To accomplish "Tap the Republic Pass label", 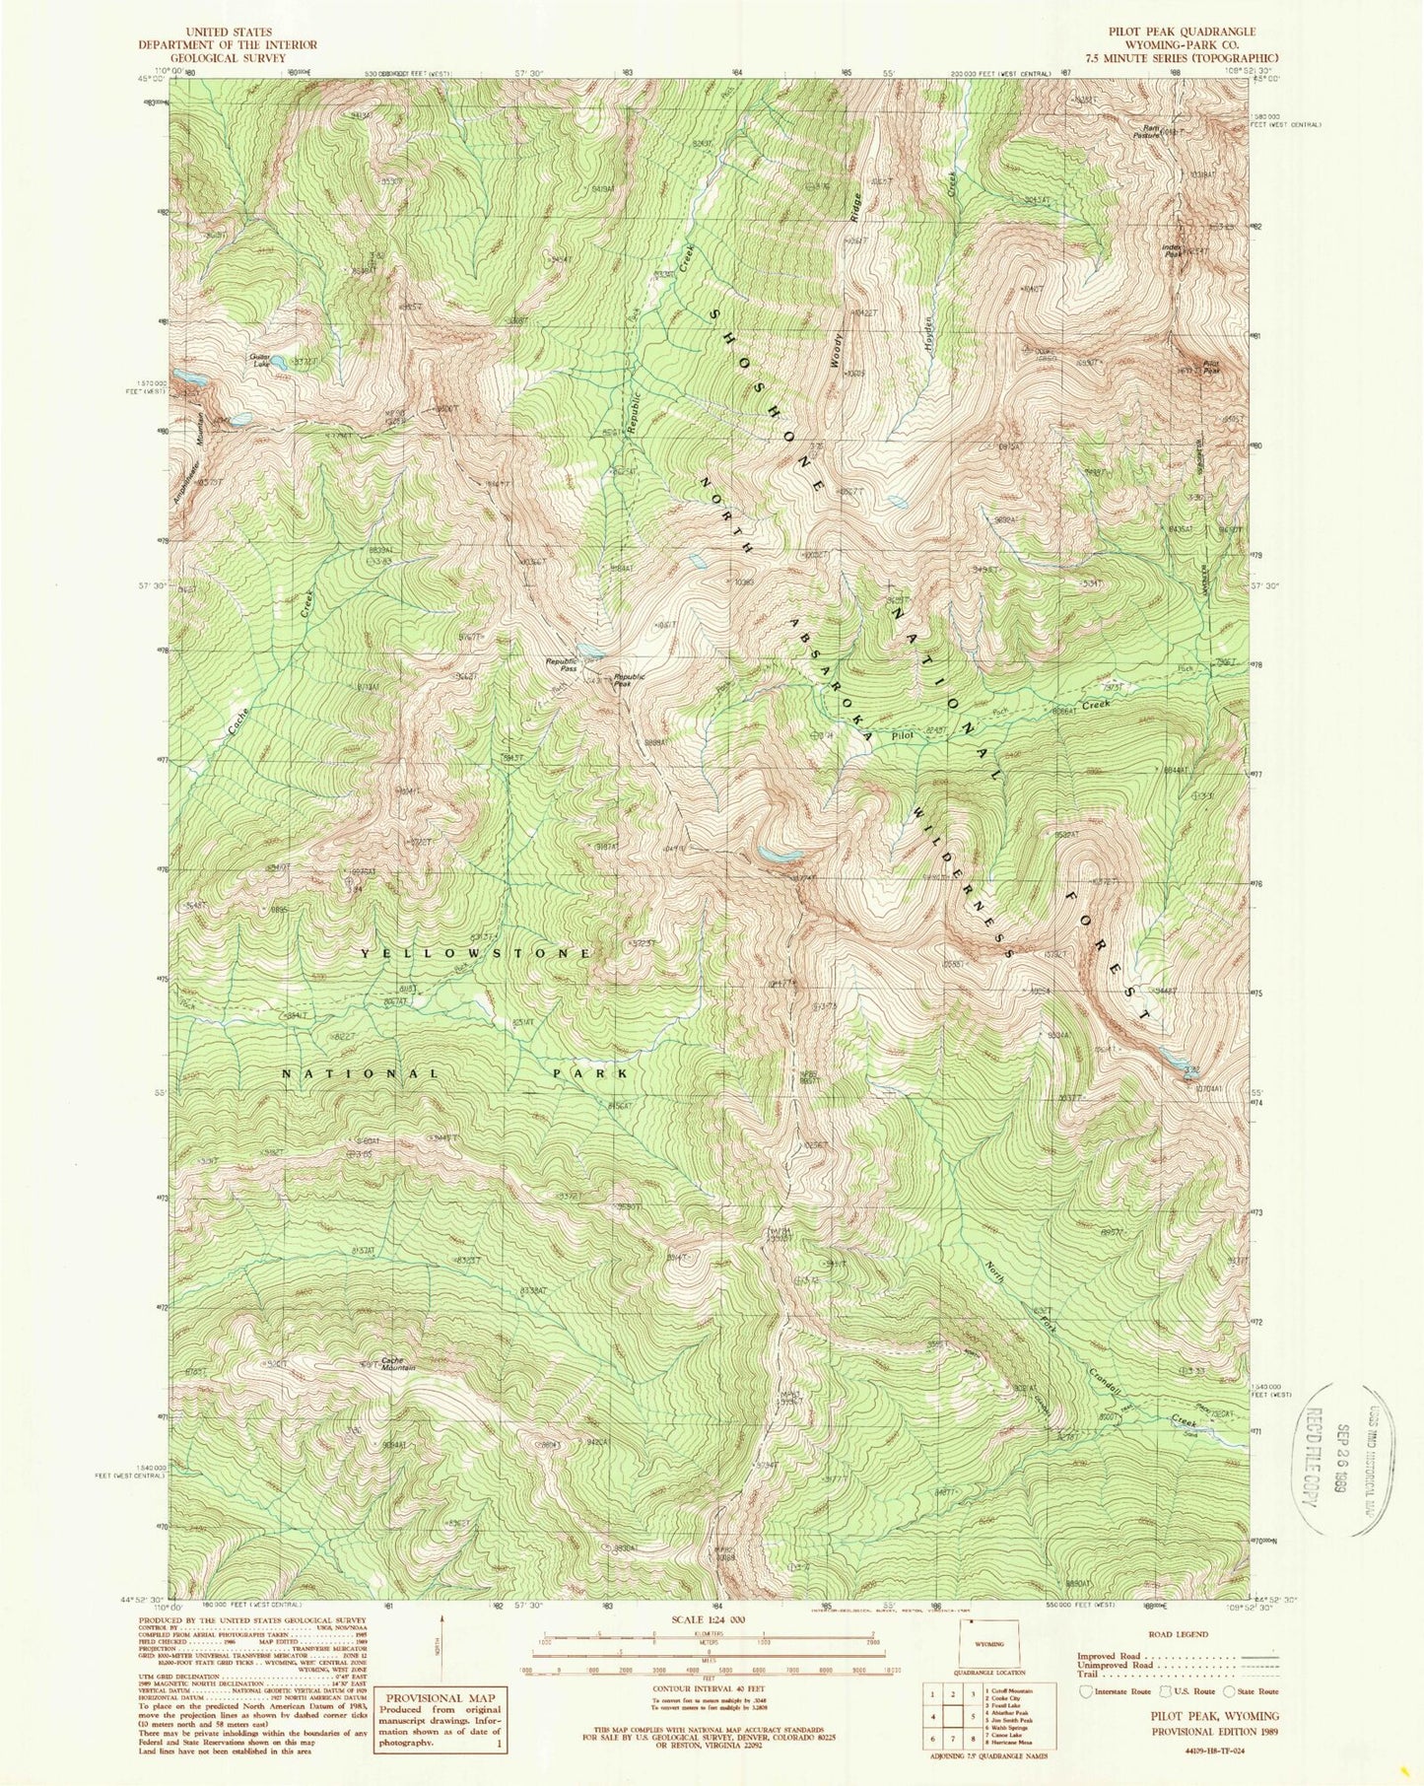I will click(x=562, y=665).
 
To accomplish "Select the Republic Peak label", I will click(x=629, y=679).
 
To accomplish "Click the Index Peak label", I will click(x=1172, y=249).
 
